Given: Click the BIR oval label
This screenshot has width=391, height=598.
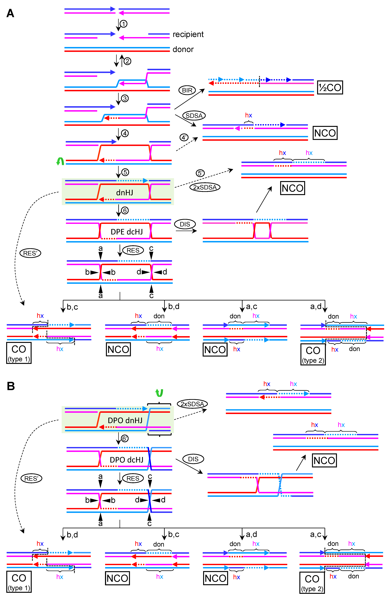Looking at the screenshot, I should click(187, 90).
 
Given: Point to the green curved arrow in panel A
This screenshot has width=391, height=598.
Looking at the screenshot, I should click(60, 161).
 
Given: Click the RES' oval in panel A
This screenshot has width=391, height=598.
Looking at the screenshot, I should click(30, 253).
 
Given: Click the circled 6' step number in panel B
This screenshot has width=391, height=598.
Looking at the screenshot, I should click(125, 439).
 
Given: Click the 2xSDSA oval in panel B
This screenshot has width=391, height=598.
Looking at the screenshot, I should click(192, 404).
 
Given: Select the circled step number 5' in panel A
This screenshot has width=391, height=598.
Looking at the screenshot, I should click(200, 173).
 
